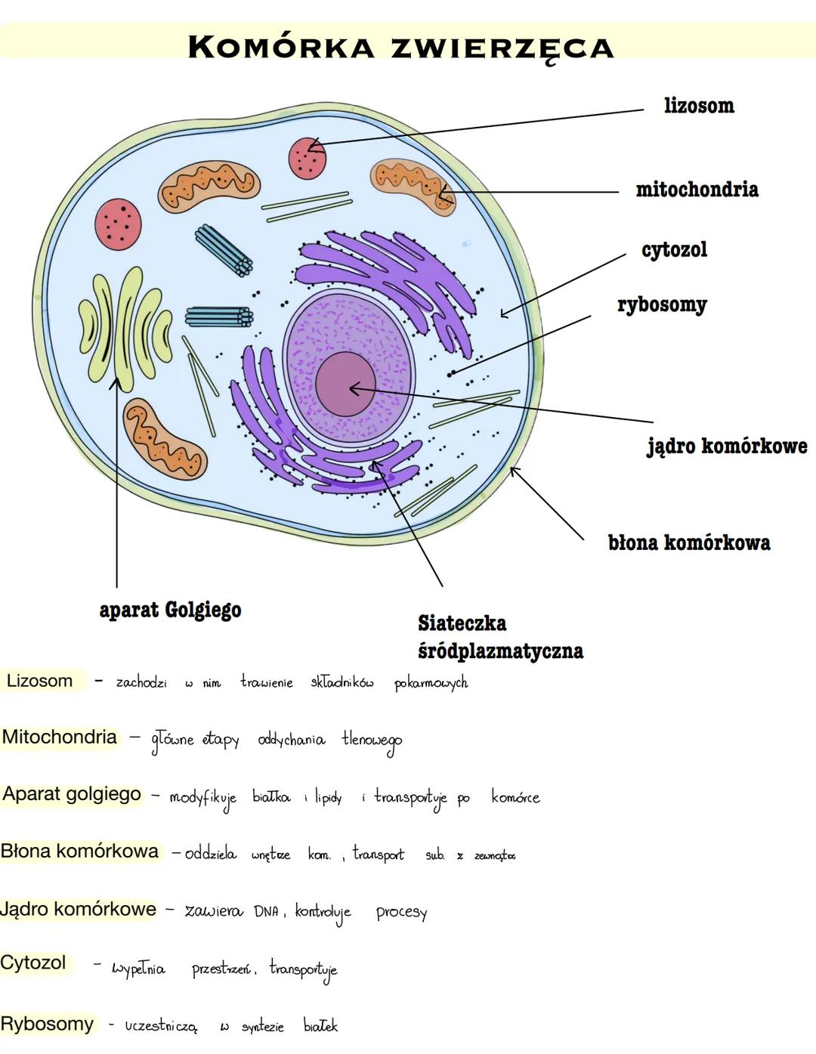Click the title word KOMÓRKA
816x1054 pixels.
point(280,47)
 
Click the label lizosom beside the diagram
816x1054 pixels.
point(699,106)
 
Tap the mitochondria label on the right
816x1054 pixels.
point(697,189)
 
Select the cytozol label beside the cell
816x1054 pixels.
point(674,249)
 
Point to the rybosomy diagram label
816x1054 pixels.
point(662,304)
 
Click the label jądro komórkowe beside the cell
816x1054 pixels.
point(727,446)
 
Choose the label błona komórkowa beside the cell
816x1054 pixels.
point(689,542)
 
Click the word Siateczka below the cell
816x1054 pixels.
point(462,623)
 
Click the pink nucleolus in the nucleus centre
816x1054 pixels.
point(345,384)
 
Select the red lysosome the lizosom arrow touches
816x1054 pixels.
point(308,158)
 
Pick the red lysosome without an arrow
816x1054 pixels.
point(119,222)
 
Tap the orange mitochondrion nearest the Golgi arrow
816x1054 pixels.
point(165,439)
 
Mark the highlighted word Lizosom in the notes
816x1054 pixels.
point(39,681)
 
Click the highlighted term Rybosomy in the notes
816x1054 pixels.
point(47,1024)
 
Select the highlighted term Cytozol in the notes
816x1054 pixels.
point(33,963)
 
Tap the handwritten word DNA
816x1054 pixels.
point(266,912)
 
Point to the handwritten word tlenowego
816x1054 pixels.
point(371,740)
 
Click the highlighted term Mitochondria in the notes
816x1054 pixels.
point(60,737)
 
